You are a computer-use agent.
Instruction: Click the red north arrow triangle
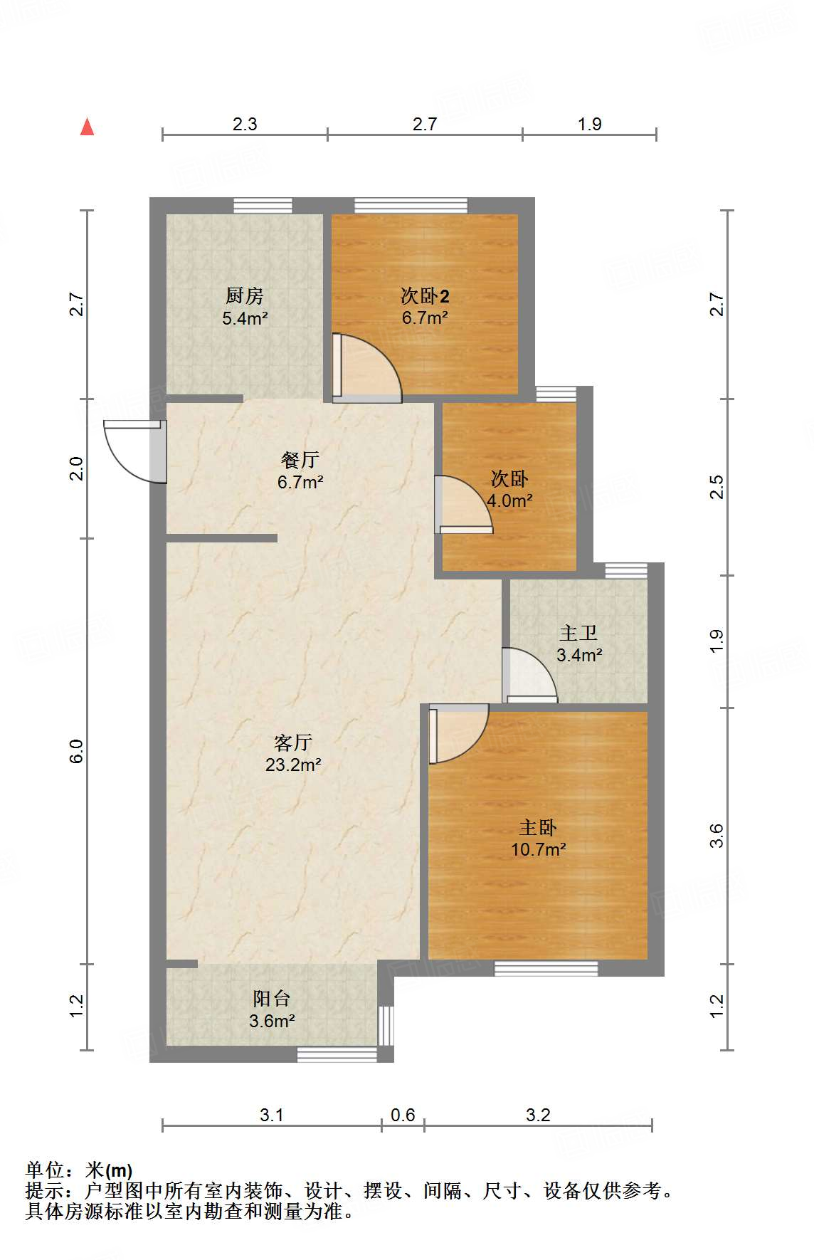pos(87,127)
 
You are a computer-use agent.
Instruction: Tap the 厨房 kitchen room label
pos(244,295)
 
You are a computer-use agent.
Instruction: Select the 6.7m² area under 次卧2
pos(425,317)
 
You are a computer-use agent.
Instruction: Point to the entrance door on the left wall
pos(135,450)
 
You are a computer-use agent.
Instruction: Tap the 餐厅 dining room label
pos(300,460)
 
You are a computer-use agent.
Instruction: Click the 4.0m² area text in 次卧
pos(509,500)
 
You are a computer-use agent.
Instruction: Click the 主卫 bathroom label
pos(578,632)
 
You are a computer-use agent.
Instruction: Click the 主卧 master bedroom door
pos(458,733)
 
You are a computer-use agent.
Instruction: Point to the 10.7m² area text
pos(538,849)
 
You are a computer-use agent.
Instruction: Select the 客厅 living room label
pos(292,742)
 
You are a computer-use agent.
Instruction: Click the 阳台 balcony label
pos(271,998)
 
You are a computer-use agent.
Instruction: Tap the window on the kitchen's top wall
pos(263,206)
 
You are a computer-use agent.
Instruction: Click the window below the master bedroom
pos(546,968)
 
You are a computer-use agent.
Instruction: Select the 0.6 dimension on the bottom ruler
pos(403,1115)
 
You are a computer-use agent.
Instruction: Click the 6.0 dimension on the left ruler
pos(76,751)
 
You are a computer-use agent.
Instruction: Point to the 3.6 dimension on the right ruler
pos(717,835)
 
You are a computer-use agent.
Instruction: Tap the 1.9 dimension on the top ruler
pos(589,124)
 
